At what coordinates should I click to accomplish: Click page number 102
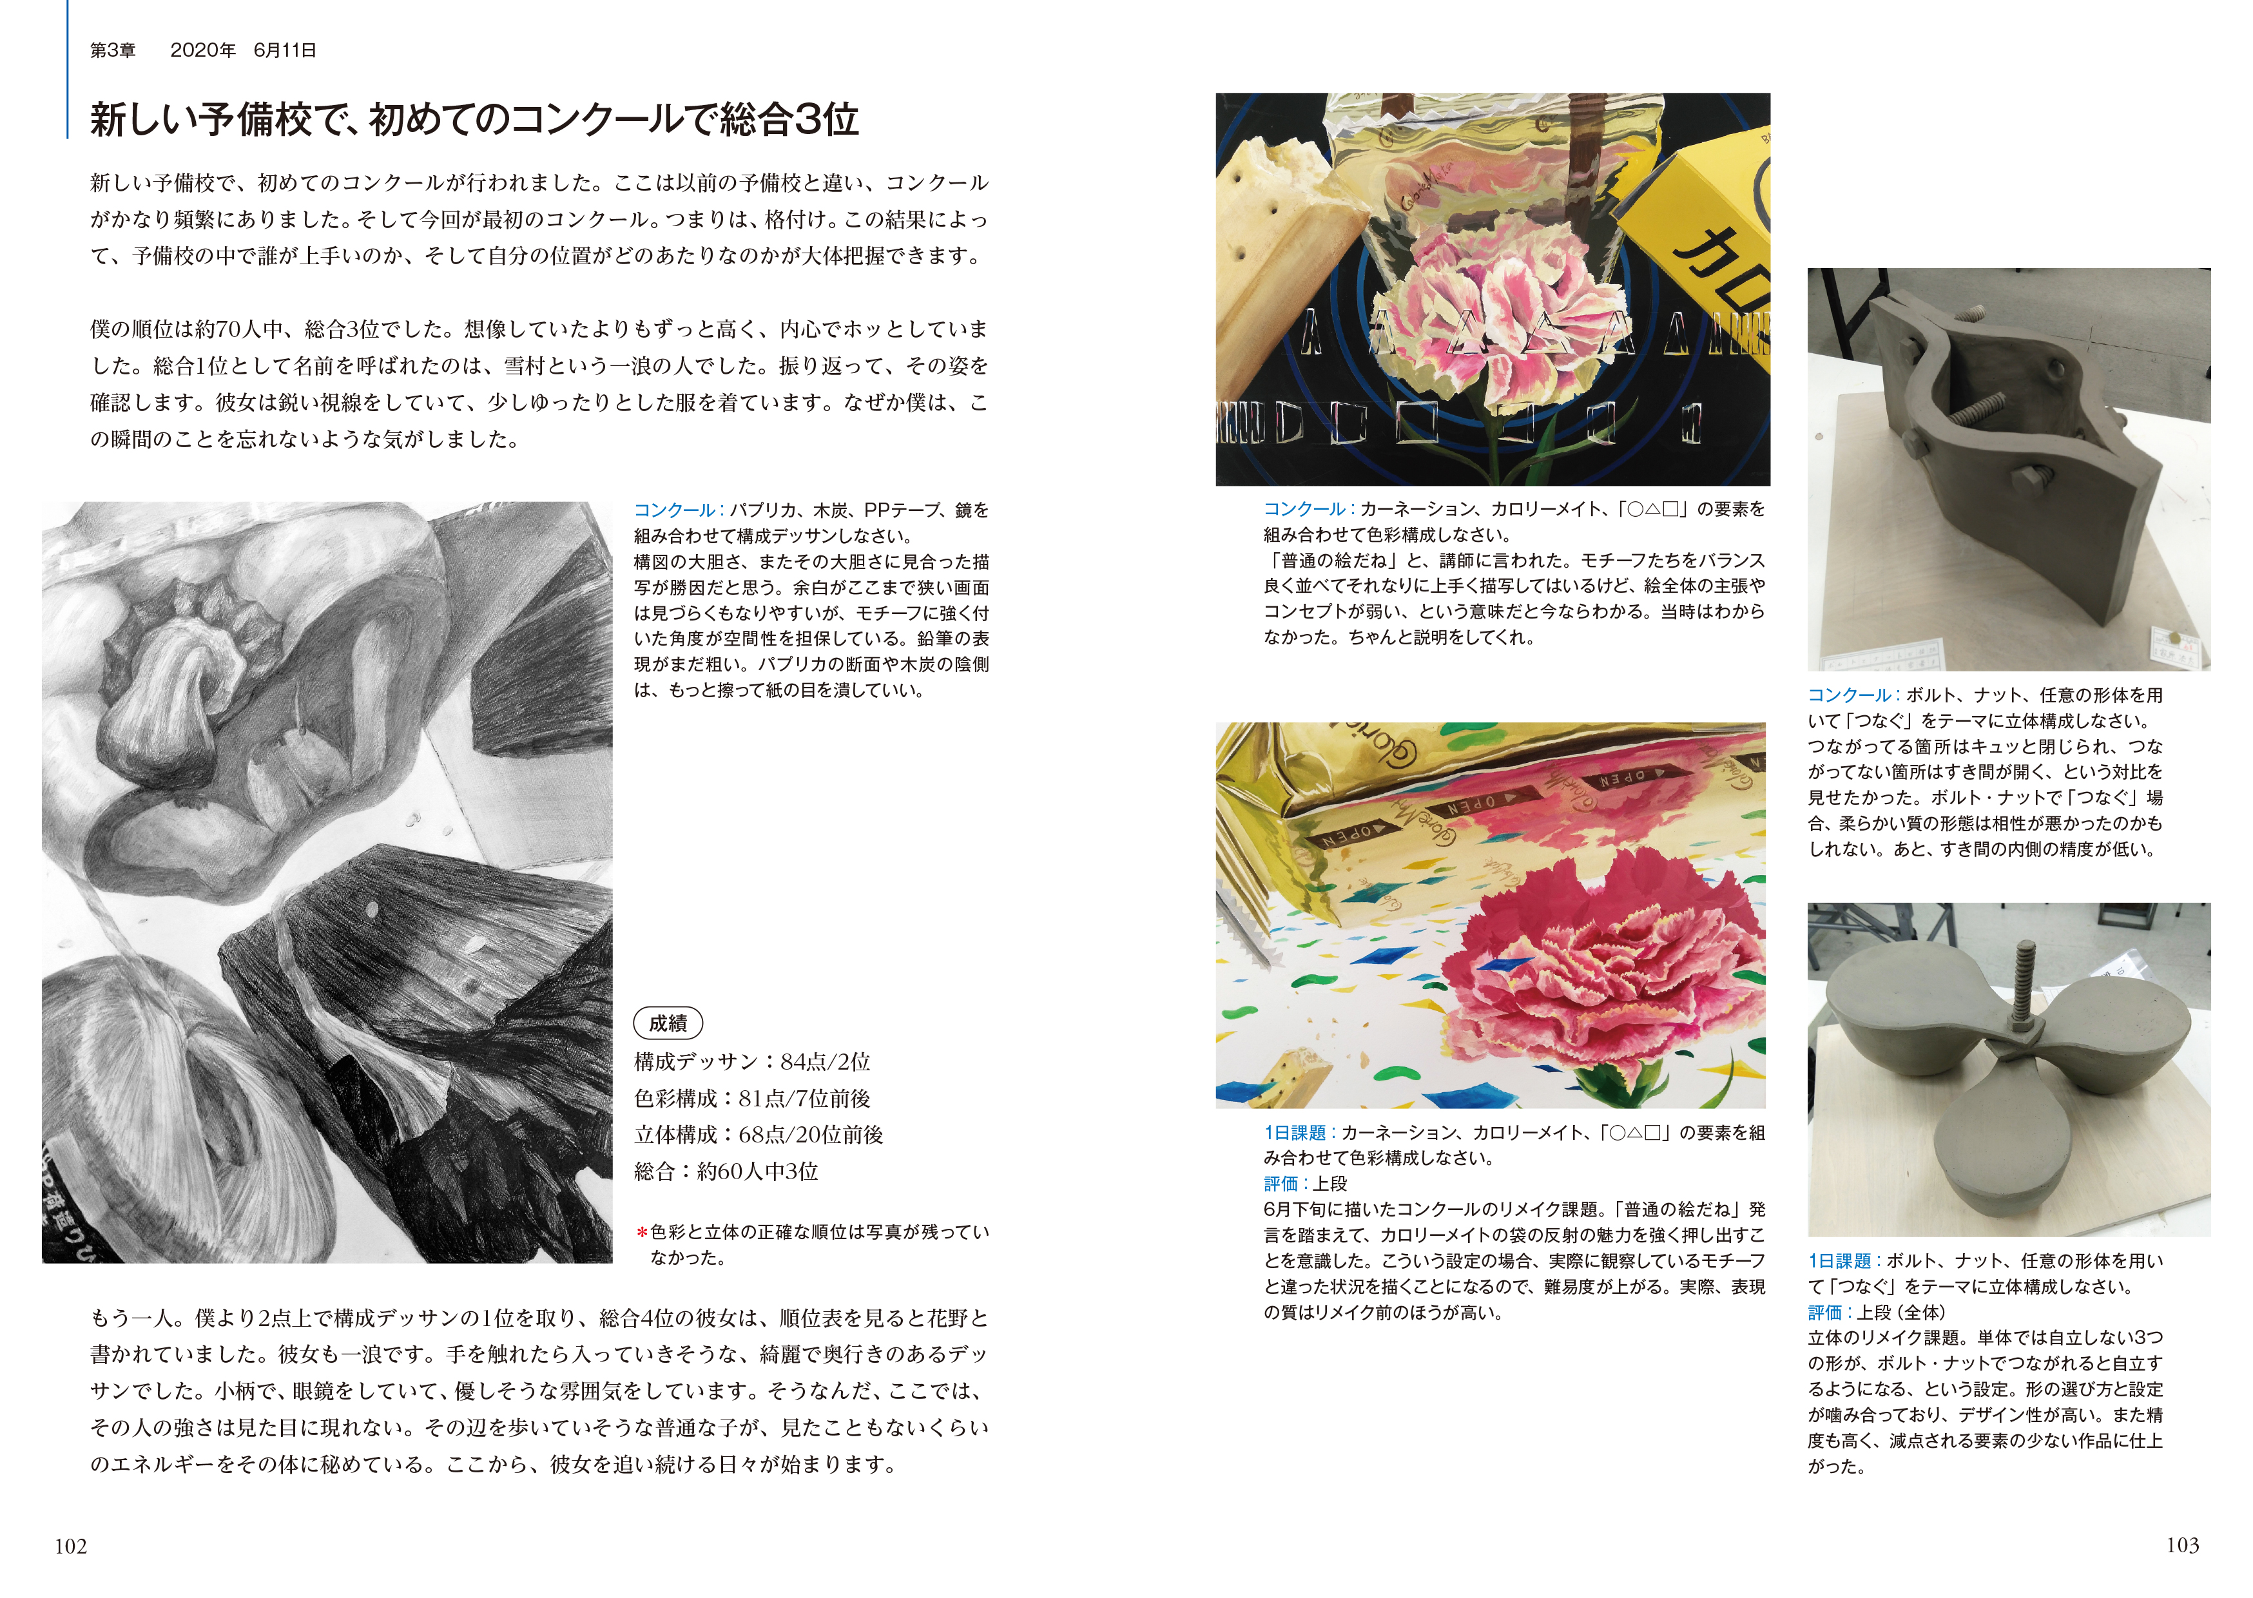click(71, 1546)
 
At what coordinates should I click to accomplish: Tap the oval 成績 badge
click(668, 1023)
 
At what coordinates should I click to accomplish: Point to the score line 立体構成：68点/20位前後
click(759, 1135)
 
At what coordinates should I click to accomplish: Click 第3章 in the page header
click(113, 50)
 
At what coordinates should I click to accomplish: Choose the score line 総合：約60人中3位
click(726, 1171)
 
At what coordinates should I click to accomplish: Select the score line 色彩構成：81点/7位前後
click(753, 1098)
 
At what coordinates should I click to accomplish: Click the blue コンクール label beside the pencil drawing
click(674, 510)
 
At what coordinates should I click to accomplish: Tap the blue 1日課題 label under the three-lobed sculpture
click(1840, 1260)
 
